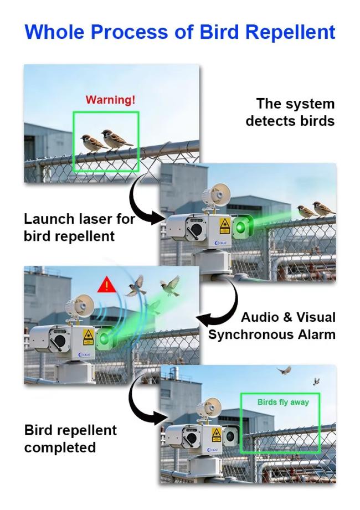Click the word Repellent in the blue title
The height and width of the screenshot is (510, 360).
point(290,32)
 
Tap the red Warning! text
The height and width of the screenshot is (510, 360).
point(110,100)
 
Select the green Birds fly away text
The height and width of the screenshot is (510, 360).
point(283,403)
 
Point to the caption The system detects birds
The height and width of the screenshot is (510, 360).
point(290,112)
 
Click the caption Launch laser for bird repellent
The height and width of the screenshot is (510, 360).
point(79,228)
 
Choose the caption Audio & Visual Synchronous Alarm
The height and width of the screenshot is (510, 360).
point(272,326)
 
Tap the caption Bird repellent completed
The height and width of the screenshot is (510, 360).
point(70,439)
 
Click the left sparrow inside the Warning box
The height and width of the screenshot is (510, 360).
point(91,143)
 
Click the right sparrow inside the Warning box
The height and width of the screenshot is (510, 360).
point(115,140)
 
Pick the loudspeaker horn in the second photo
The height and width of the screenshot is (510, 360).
point(216,195)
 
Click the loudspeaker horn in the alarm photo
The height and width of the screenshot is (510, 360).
point(79,306)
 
